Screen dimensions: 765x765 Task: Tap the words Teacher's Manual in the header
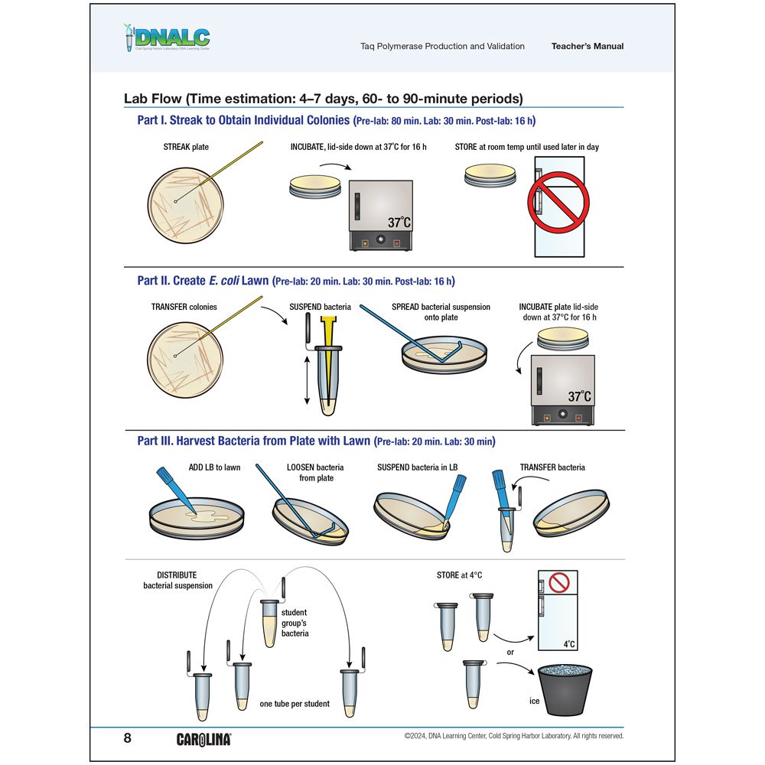coord(587,46)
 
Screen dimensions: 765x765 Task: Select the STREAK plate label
coord(186,147)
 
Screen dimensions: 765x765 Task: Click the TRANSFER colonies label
coord(184,307)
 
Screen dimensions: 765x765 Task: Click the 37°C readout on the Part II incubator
coord(580,396)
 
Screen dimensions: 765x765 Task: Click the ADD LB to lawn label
coord(214,467)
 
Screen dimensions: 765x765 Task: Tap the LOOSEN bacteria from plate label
coord(315,472)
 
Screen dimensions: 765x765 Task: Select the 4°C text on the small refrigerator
coord(569,645)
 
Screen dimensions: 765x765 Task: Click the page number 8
coord(128,738)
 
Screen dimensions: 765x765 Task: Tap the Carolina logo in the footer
coord(203,739)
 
